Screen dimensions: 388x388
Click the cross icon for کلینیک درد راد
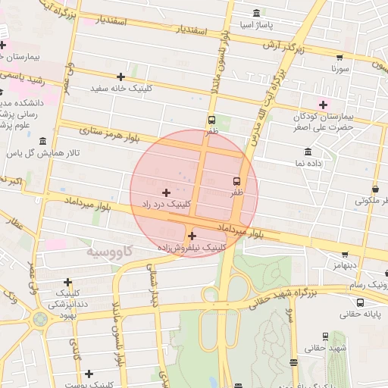(167, 192)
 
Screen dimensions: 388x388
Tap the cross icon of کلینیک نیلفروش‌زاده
(191, 236)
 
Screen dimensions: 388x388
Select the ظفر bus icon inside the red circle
(237, 181)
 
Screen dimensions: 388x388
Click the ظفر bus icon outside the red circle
(211, 120)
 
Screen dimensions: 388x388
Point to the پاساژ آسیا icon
(256, 13)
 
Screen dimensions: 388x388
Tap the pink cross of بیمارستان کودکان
(324, 105)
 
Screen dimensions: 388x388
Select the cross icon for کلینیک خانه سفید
(120, 77)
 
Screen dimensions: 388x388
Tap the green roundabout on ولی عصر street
(39, 319)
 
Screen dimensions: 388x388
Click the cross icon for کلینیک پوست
(89, 374)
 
